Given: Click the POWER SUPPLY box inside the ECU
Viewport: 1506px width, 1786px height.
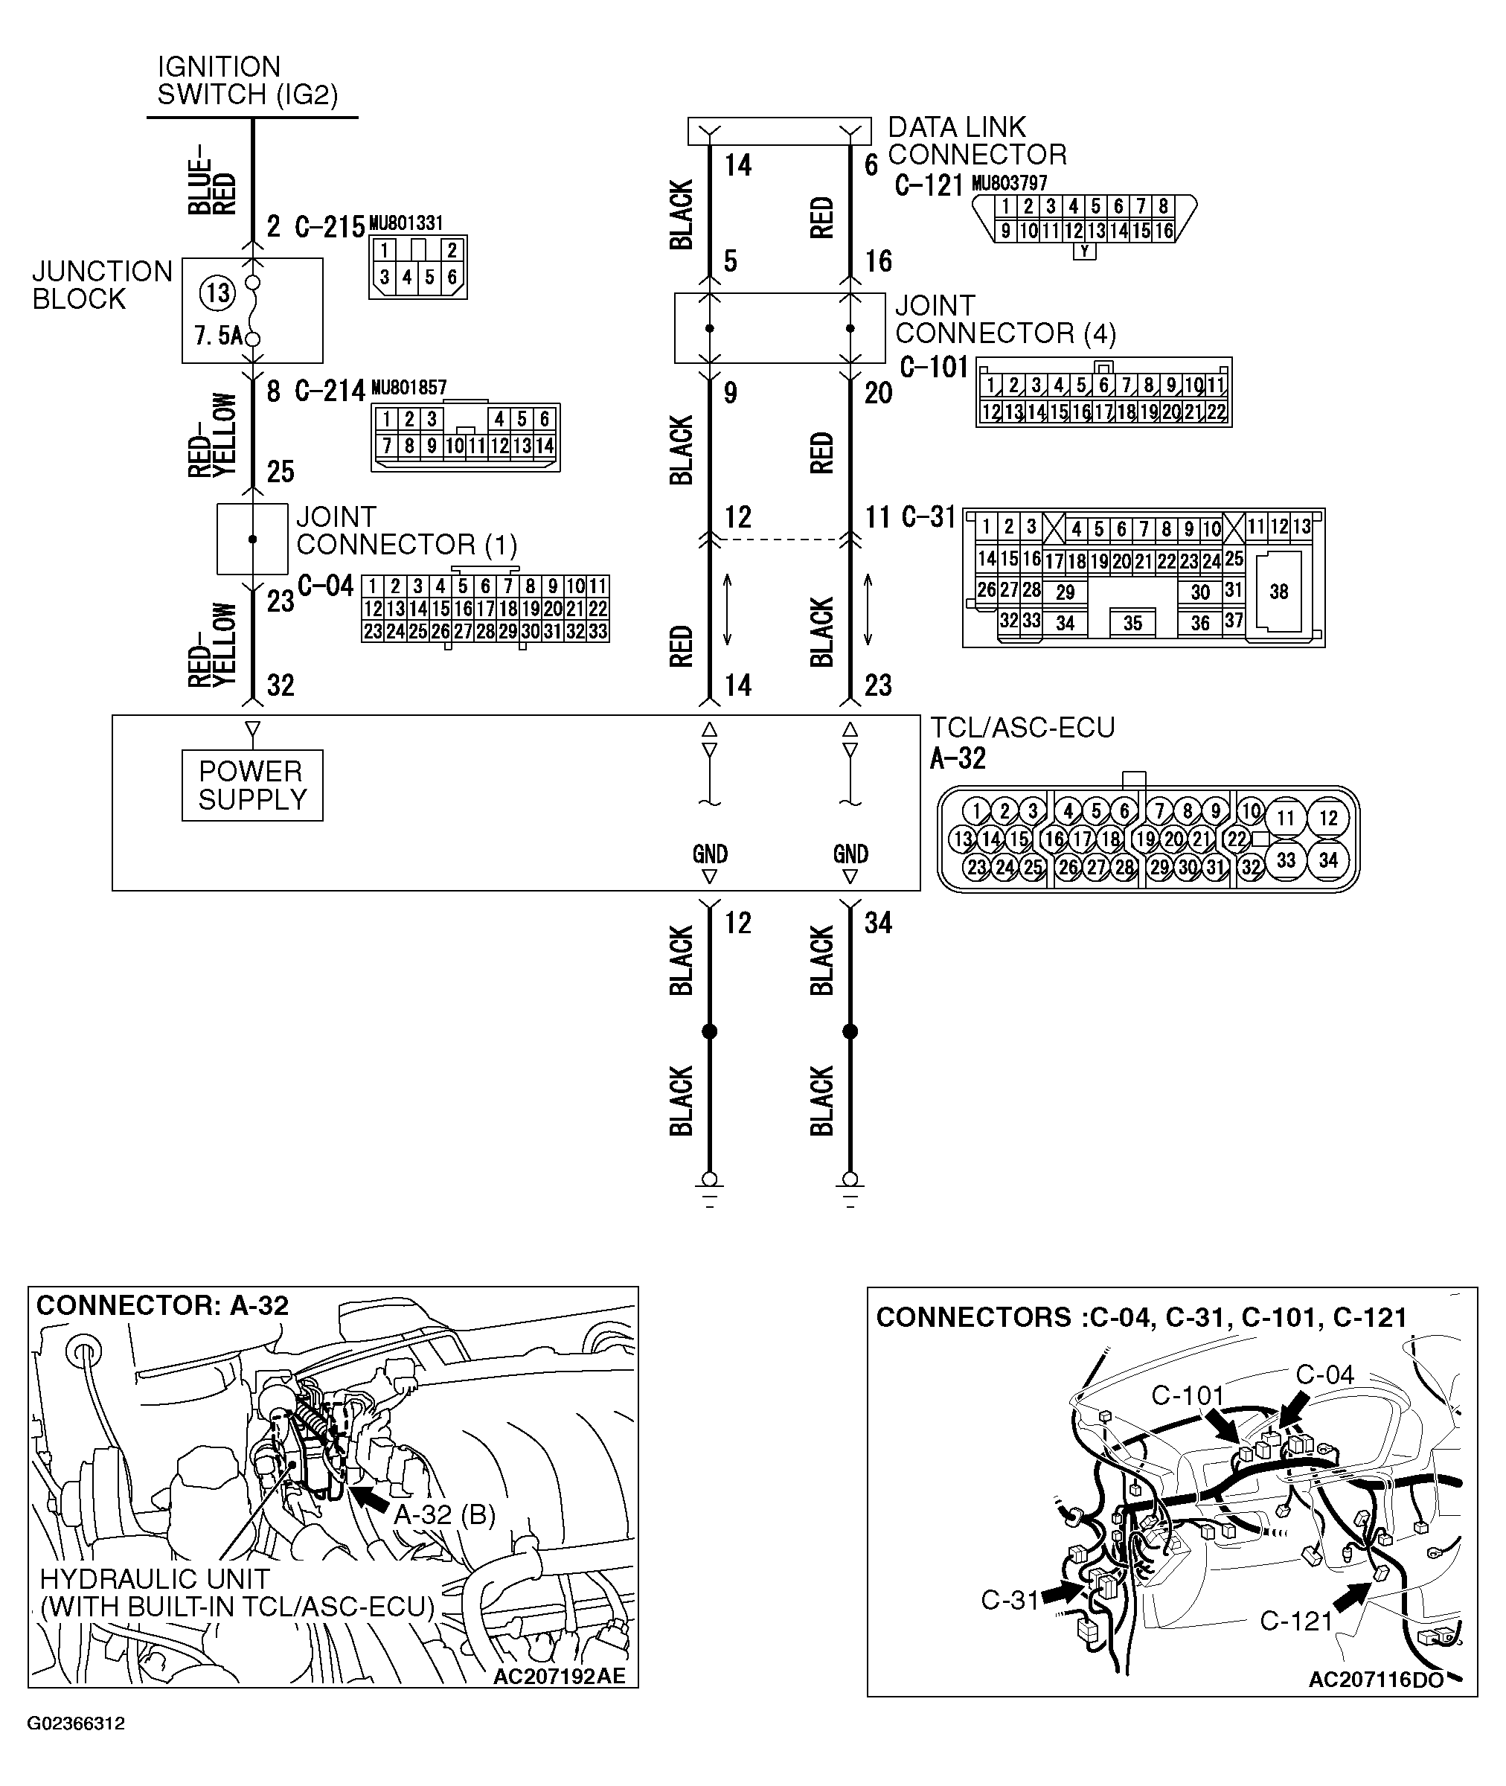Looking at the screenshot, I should (251, 785).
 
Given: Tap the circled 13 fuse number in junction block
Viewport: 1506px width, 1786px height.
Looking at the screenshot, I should (218, 294).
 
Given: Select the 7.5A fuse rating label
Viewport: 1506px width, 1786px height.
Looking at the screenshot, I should (219, 336).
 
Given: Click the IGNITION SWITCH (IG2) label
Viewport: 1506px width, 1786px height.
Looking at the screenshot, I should (248, 80).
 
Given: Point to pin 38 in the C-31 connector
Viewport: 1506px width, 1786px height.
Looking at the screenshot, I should (1278, 592).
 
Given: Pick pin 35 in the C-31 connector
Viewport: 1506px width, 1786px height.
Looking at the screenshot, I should (1132, 622).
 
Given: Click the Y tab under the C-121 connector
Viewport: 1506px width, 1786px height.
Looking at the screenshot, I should (1084, 252).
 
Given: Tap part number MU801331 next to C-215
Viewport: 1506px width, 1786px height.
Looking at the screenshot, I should (406, 224).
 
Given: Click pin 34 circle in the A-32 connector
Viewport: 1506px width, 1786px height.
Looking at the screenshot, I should (1327, 860).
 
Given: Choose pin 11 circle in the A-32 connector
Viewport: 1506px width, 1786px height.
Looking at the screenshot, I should (1286, 819).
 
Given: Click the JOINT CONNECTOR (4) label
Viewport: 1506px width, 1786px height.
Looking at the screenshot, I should (1004, 319).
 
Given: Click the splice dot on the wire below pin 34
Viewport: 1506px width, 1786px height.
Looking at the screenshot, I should (850, 1031).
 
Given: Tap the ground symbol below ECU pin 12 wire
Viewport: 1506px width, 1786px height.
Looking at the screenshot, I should (709, 1188).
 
